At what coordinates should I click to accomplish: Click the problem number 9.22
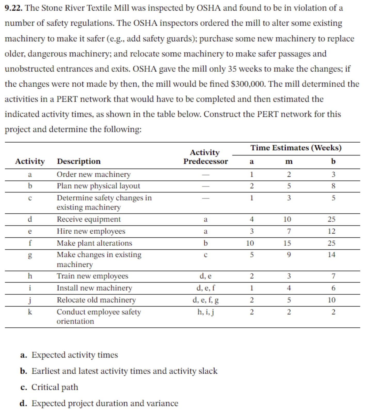(x=13, y=8)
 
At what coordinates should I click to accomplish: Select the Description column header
(x=79, y=161)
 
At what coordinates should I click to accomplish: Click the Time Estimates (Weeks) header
(x=296, y=148)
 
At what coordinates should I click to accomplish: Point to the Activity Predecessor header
(x=205, y=157)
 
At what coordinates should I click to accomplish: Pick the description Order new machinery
(x=93, y=174)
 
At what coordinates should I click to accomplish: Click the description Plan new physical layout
(x=98, y=186)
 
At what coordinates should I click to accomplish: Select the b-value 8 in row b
(x=333, y=186)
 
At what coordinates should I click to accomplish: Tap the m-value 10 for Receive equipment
(x=287, y=219)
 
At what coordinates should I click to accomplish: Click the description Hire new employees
(x=91, y=231)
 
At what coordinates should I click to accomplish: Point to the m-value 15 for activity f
(x=287, y=243)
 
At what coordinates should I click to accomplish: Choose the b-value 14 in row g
(x=331, y=255)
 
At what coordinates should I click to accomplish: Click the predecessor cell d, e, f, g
(x=205, y=300)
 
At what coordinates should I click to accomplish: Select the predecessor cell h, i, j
(x=205, y=312)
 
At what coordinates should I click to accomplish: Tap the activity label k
(x=30, y=312)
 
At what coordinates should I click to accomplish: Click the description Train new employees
(x=92, y=276)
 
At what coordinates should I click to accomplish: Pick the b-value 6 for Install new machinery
(x=333, y=288)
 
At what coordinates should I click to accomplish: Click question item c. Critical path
(x=49, y=387)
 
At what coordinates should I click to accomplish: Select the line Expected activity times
(x=74, y=355)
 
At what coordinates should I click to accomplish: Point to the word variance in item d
(x=162, y=403)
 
